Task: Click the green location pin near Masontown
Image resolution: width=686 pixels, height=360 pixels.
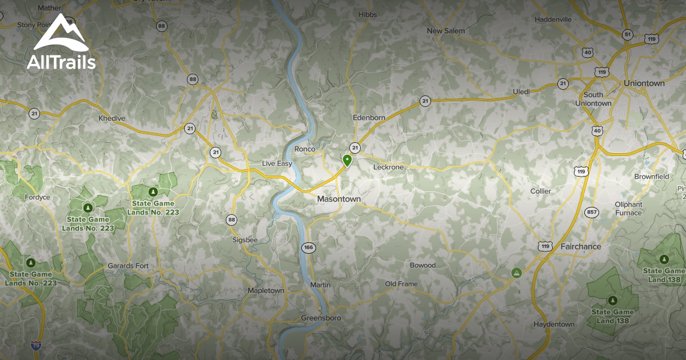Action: click(347, 160)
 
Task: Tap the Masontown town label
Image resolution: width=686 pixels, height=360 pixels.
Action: click(339, 199)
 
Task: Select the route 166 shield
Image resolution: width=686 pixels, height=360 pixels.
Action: click(309, 247)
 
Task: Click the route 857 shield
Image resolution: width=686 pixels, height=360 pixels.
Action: click(592, 213)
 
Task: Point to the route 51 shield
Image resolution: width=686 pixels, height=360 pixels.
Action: click(627, 34)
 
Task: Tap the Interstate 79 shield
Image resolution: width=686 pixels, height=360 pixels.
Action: click(36, 346)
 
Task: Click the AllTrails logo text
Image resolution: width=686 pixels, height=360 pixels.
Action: click(61, 62)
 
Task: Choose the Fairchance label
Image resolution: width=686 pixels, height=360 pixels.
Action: click(580, 246)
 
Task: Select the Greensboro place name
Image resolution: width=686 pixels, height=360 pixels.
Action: click(321, 318)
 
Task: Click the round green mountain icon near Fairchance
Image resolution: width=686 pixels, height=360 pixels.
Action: click(517, 273)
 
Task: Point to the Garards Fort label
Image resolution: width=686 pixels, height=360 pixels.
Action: click(128, 266)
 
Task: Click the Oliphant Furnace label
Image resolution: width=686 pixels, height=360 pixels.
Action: click(628, 209)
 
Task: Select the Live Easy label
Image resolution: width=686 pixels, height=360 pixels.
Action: click(277, 163)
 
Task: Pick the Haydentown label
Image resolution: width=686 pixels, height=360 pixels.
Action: click(554, 324)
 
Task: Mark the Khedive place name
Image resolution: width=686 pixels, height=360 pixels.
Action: click(111, 118)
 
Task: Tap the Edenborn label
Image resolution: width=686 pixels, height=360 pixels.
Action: click(369, 117)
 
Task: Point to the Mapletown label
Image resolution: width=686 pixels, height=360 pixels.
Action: click(266, 291)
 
